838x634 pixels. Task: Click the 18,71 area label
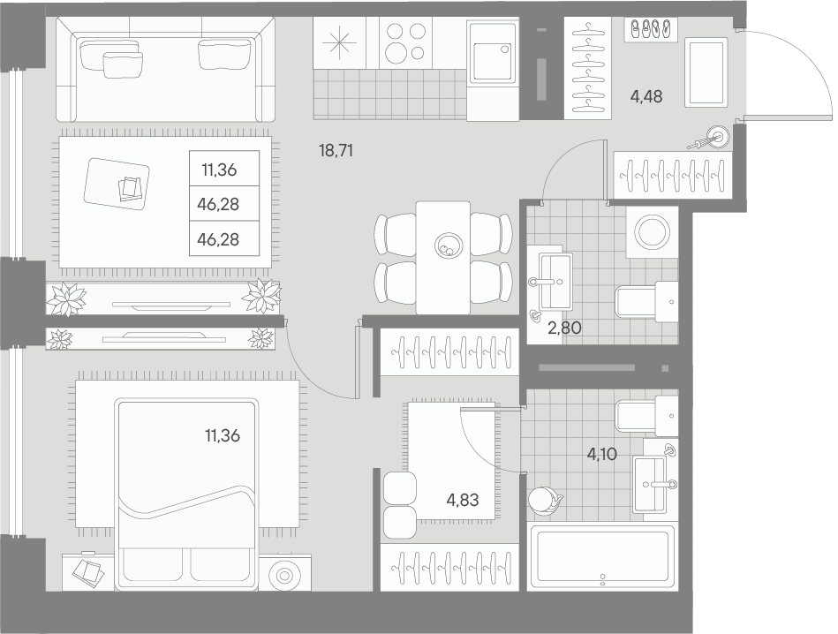pos(336,150)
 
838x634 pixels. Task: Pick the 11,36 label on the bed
pos(223,434)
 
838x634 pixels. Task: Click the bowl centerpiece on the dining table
pos(449,245)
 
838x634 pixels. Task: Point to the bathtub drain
pos(601,581)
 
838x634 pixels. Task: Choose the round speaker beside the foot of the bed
pos(285,575)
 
